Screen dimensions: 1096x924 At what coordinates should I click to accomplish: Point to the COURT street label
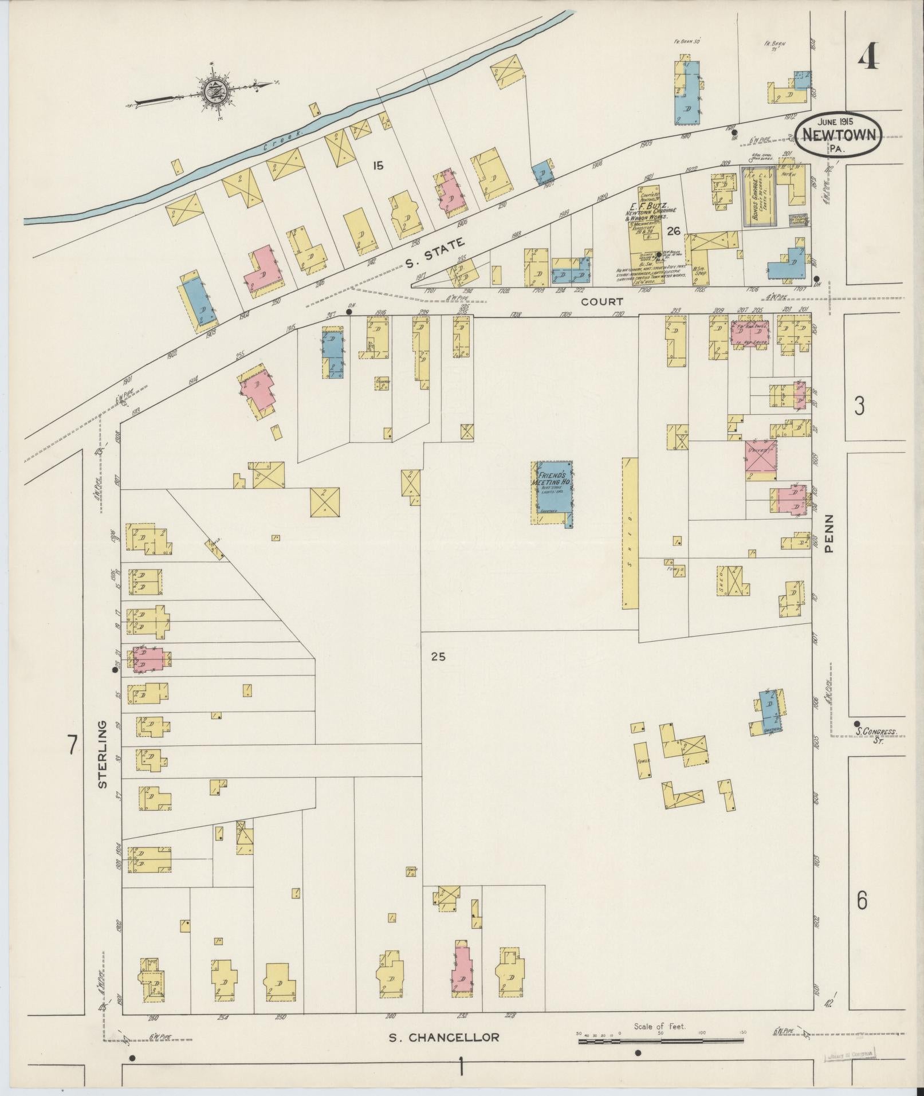pyautogui.click(x=602, y=301)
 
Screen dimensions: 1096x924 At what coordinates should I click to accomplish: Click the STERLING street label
pyautogui.click(x=103, y=753)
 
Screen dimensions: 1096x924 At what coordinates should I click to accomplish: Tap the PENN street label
pyautogui.click(x=829, y=533)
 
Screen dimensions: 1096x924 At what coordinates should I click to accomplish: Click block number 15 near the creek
pyautogui.click(x=377, y=166)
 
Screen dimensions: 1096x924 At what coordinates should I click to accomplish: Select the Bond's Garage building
pyautogui.click(x=760, y=195)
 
